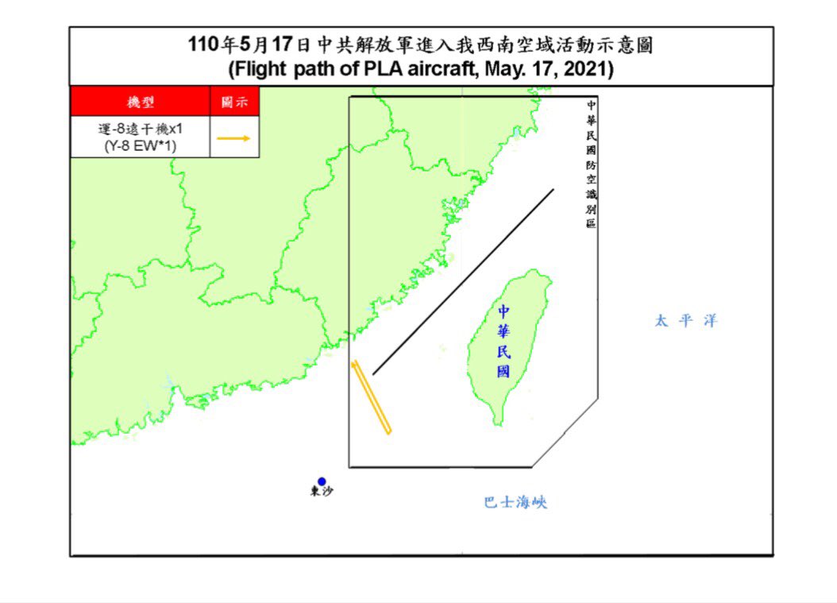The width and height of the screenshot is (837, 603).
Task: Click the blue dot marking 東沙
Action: pyautogui.click(x=322, y=481)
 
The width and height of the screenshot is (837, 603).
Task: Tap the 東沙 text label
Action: pyautogui.click(x=322, y=493)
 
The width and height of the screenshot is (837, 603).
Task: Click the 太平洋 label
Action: pyautogui.click(x=686, y=321)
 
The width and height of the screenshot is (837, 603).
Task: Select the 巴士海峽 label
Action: pyautogui.click(x=515, y=503)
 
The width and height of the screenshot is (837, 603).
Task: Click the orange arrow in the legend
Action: pyautogui.click(x=233, y=138)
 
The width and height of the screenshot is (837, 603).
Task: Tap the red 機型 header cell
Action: pyautogui.click(x=141, y=102)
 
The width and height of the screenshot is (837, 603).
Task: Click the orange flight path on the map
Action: pyautogui.click(x=372, y=398)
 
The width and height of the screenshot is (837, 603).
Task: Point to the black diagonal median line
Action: pyautogui.click(x=463, y=281)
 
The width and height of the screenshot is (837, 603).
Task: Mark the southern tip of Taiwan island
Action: pyautogui.click(x=498, y=423)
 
